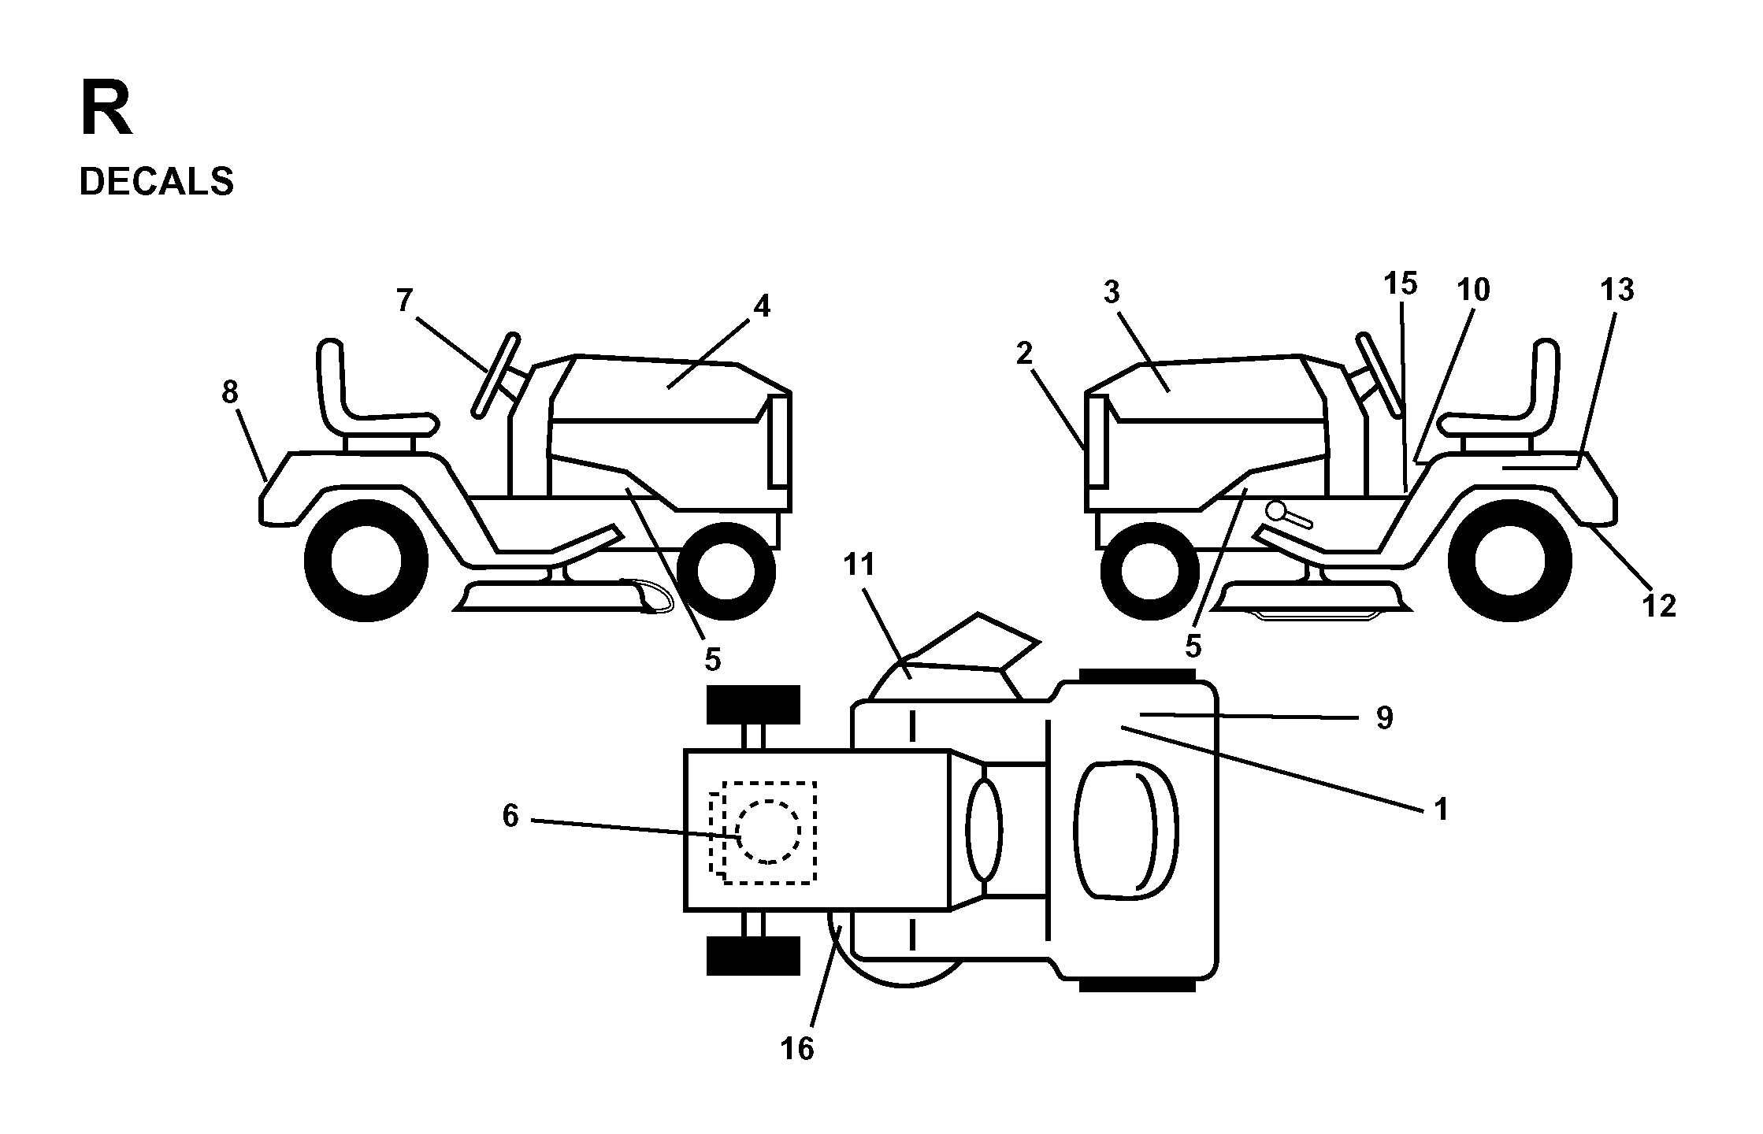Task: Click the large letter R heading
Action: tap(106, 111)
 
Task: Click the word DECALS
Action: tap(156, 182)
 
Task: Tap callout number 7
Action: tap(404, 300)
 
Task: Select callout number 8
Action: tap(229, 391)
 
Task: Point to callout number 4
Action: tap(761, 306)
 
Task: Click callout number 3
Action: tap(1111, 292)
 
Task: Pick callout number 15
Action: tap(1400, 283)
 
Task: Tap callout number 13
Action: tap(1617, 290)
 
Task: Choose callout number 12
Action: tap(1659, 606)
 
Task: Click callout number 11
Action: tap(859, 565)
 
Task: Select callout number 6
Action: tap(510, 817)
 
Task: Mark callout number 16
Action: tap(796, 1048)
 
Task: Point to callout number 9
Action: tap(1384, 717)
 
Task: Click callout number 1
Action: tap(1441, 809)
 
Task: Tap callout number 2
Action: tap(1023, 354)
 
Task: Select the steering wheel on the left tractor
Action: tap(495, 374)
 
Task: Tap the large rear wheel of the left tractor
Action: tap(366, 561)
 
